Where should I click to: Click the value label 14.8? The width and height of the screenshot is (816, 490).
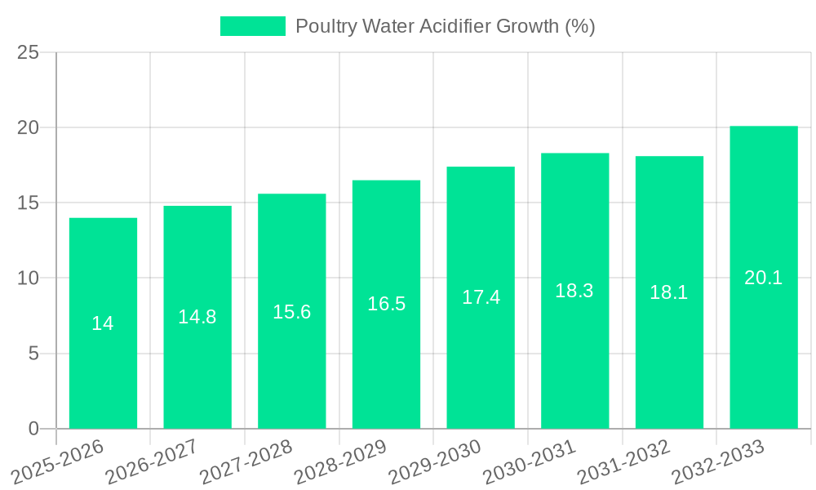click(197, 317)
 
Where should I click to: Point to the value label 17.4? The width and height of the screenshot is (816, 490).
click(481, 297)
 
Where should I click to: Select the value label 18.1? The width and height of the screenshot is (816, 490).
click(669, 292)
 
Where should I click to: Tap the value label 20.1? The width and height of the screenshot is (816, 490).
click(764, 278)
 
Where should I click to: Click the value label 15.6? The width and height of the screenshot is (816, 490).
click(292, 311)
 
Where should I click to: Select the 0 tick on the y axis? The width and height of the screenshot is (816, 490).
click(33, 429)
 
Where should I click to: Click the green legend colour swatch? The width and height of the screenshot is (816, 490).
click(253, 26)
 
